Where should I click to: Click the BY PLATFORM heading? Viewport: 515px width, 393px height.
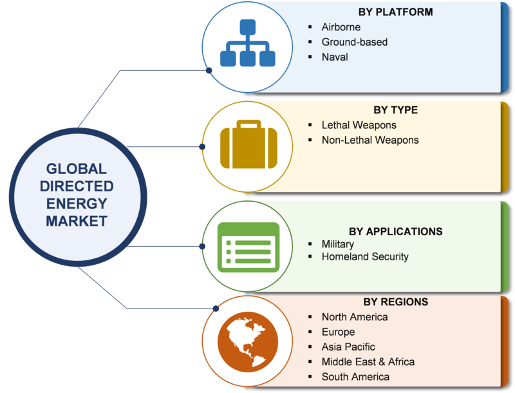395,12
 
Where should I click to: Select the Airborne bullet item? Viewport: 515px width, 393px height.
341,27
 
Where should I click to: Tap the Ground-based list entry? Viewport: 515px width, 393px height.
355,42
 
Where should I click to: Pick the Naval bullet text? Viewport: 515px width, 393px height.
335,57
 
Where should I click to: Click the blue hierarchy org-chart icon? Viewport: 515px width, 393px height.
248,43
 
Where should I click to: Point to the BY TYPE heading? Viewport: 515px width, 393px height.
395,110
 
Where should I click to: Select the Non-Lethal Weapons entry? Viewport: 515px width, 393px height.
370,140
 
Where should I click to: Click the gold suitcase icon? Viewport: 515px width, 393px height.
248,144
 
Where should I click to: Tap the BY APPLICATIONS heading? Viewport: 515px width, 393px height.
395,231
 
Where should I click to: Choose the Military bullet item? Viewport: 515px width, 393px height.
337,244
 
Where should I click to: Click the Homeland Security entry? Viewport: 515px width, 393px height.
365,256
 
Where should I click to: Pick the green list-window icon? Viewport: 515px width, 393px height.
248,247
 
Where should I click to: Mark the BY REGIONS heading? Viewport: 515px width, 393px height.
395,302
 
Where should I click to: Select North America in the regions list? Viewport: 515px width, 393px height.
355,317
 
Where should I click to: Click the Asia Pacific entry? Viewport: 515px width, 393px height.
348,347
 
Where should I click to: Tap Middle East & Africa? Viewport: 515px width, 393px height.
368,362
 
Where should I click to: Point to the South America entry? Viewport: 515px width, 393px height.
355,376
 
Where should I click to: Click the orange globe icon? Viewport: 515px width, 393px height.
248,341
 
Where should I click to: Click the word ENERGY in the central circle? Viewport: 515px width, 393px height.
77,204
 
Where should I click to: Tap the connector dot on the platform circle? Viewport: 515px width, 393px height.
209,70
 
